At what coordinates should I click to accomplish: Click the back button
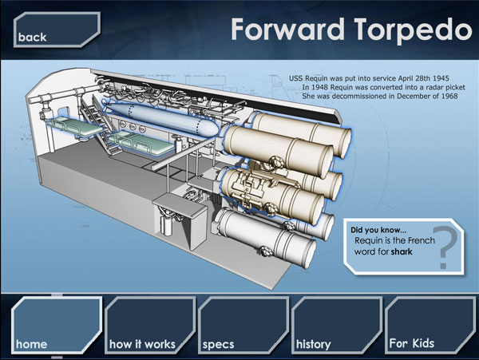coord(57,30)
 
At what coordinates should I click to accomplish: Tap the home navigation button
coord(57,326)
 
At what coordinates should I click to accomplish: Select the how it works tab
coord(150,326)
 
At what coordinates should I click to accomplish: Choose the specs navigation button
coord(243,326)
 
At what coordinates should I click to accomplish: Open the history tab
coord(337,326)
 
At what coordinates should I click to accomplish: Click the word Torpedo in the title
coord(414,30)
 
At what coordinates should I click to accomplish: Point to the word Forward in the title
coord(287,29)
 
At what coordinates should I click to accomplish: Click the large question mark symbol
coord(446,247)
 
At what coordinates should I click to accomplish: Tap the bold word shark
coord(402,252)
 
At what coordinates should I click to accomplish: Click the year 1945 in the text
coord(441,78)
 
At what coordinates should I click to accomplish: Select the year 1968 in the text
coord(449,96)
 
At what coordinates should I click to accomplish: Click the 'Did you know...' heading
coord(378,230)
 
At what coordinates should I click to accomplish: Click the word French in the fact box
coord(422,240)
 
